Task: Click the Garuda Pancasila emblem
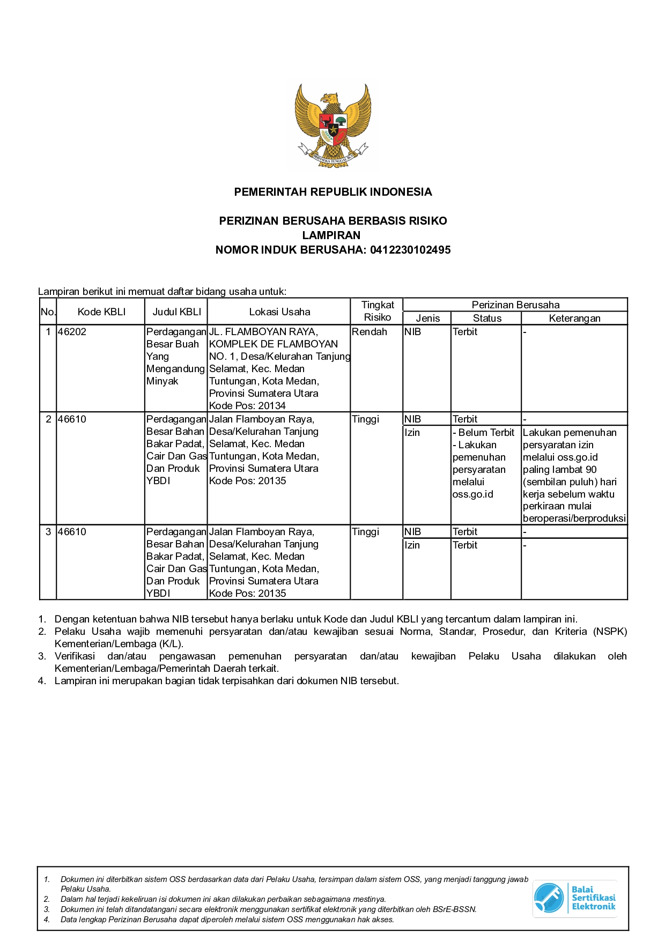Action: pyautogui.click(x=332, y=126)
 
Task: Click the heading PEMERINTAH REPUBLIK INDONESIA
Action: pyautogui.click(x=332, y=192)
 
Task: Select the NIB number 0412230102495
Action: pyautogui.click(x=410, y=250)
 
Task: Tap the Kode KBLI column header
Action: pyautogui.click(x=101, y=312)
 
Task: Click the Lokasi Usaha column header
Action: pyautogui.click(x=279, y=312)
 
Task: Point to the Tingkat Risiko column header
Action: pyautogui.click(x=377, y=311)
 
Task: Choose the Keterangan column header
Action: pyautogui.click(x=574, y=318)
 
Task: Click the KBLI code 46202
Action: pyautogui.click(x=72, y=332)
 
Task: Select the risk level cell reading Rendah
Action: pyautogui.click(x=370, y=332)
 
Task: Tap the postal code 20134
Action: pyautogui.click(x=272, y=406)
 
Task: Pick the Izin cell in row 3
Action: pyautogui.click(x=412, y=545)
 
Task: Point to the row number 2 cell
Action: pyautogui.click(x=48, y=419)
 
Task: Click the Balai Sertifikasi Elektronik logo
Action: pyautogui.click(x=574, y=898)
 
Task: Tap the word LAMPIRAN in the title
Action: pyautogui.click(x=331, y=235)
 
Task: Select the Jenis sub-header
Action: pyautogui.click(x=427, y=318)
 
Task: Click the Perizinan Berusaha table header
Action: pyautogui.click(x=515, y=305)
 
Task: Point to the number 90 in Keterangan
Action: pyautogui.click(x=591, y=470)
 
